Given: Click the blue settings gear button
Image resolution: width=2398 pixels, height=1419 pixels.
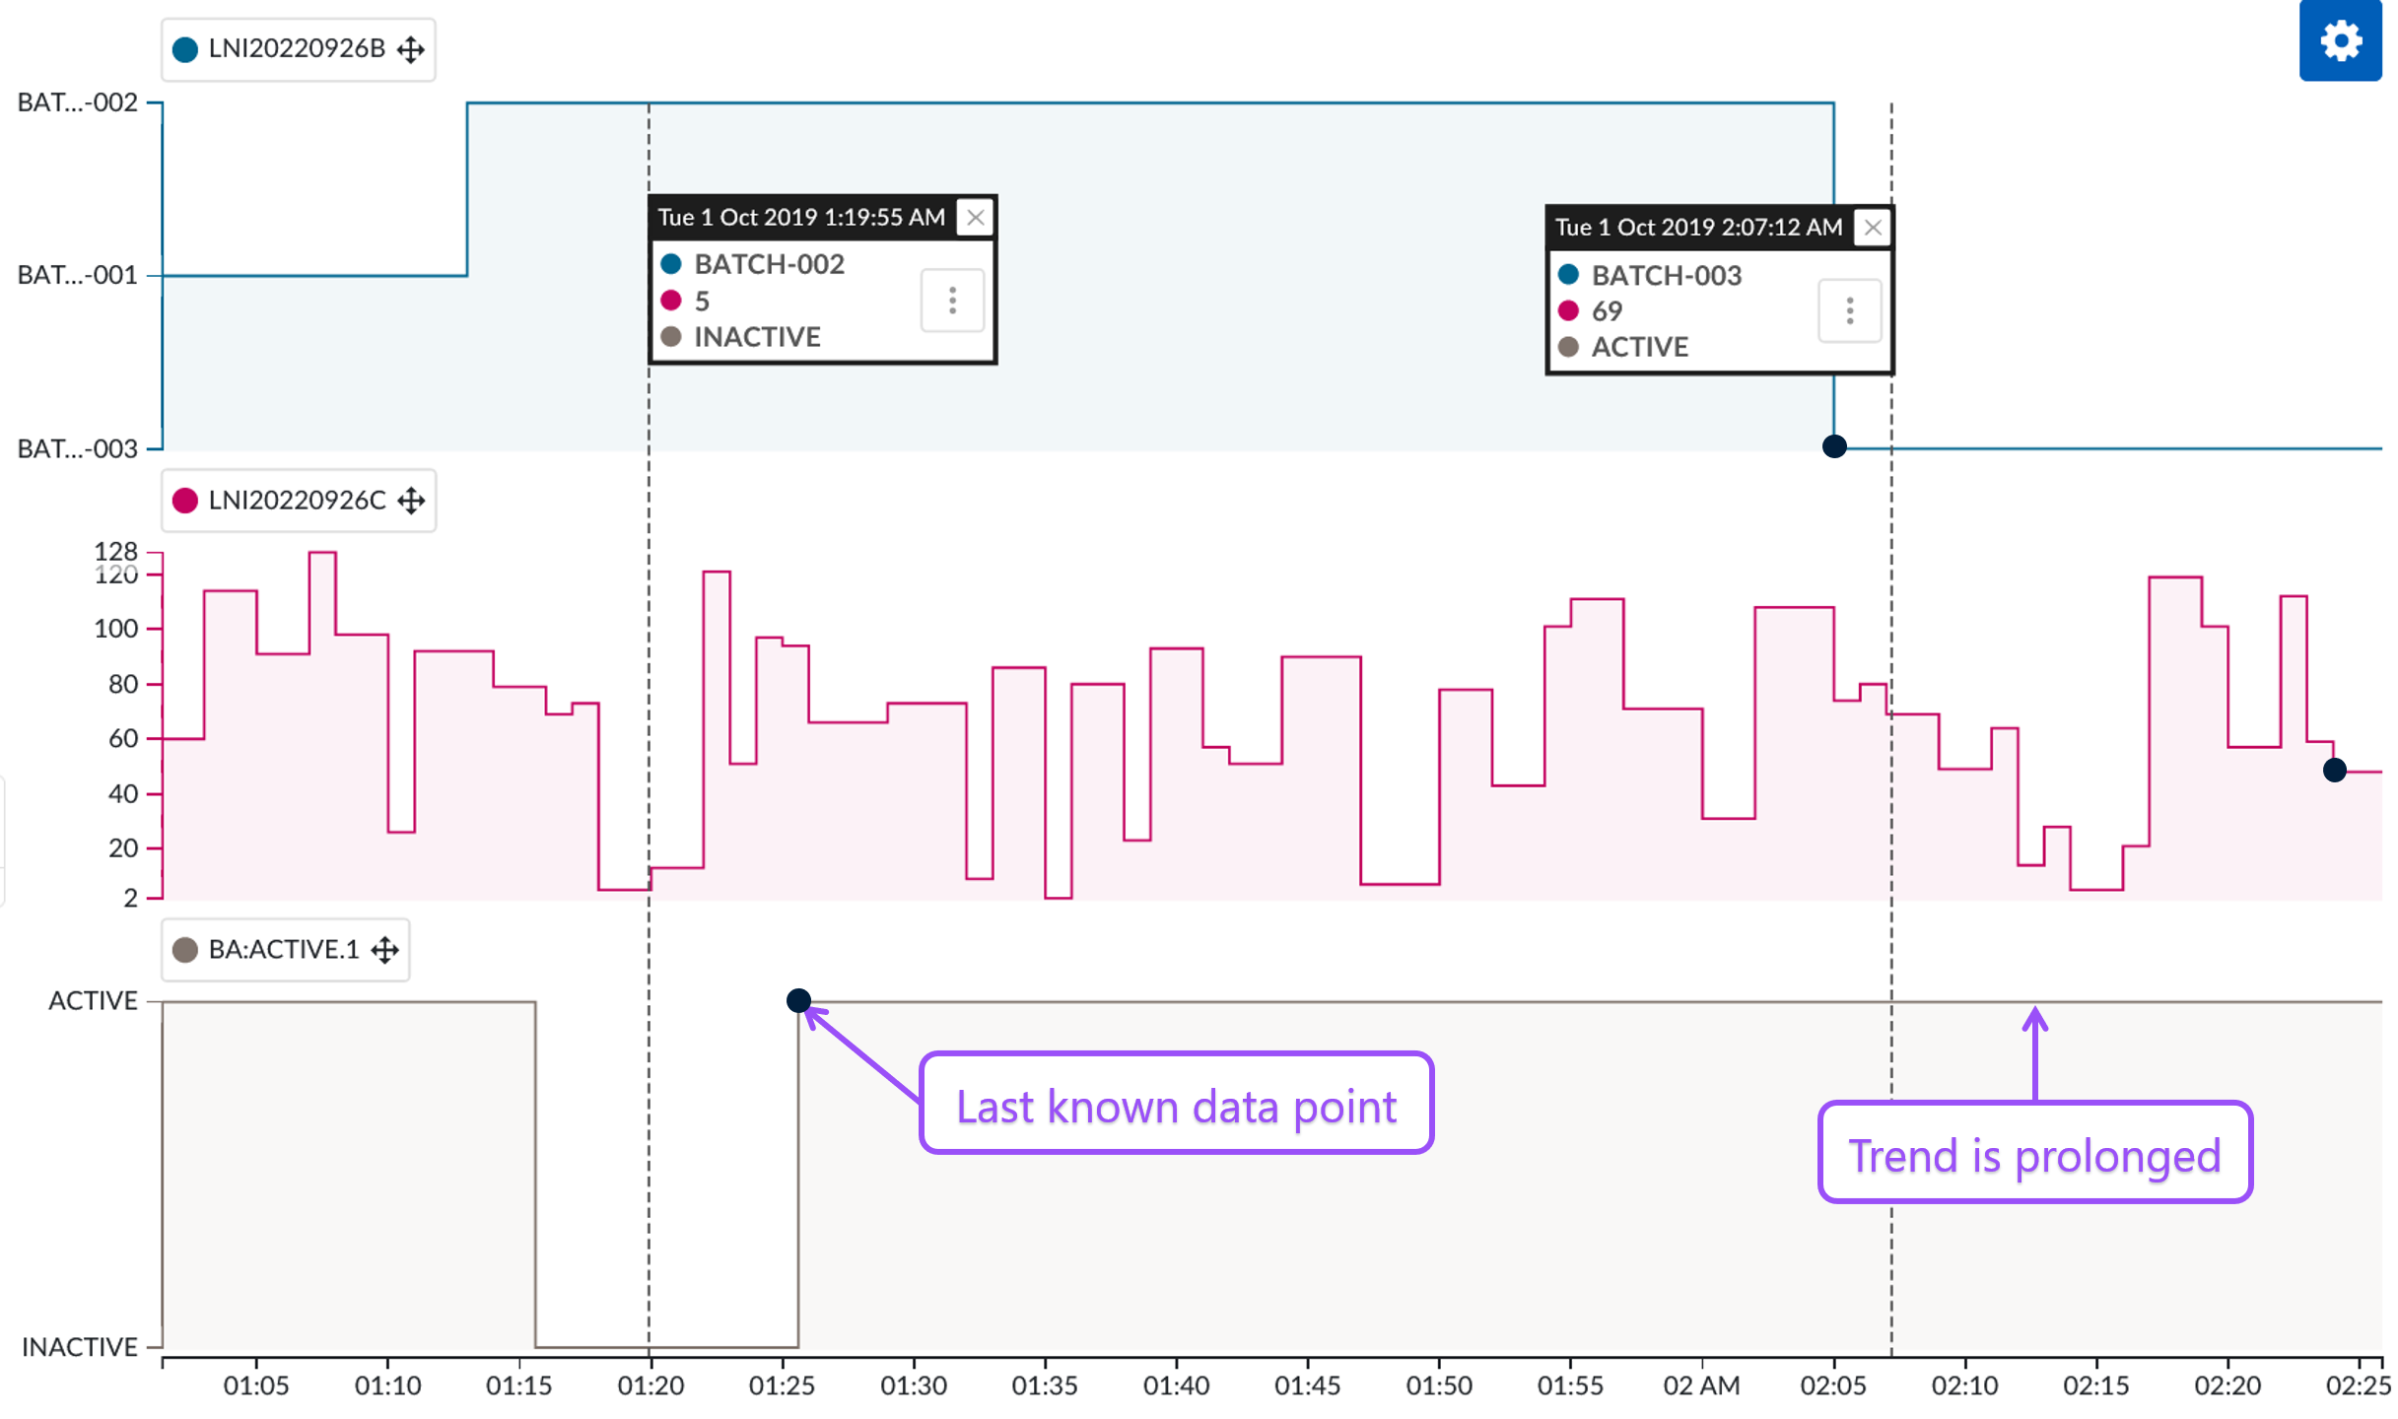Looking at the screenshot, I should pos(2339,41).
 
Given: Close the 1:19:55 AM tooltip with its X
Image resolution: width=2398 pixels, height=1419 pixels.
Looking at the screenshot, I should pos(975,218).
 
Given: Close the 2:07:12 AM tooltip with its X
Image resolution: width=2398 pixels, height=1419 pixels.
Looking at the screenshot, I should pos(1872,228).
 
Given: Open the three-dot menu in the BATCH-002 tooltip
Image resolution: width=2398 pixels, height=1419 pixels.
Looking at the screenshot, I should pos(952,301).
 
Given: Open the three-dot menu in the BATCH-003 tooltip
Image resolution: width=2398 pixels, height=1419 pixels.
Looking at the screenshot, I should pos(1849,311).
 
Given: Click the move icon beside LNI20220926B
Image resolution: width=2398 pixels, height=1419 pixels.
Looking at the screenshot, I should pos(411,49).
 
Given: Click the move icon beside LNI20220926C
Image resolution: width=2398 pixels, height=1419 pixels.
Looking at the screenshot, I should pos(411,501).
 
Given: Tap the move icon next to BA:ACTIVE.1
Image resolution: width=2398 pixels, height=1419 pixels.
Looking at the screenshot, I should pos(385,950).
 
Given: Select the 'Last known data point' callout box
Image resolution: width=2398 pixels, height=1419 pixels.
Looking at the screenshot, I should pos(1175,1104).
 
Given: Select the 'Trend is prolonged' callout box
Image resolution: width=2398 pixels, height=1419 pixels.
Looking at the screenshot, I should pos(2034,1153).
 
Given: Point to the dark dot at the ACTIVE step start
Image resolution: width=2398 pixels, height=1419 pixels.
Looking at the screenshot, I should pos(798,1001).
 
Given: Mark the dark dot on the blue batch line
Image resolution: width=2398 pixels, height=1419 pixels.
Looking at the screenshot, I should pos(1833,446).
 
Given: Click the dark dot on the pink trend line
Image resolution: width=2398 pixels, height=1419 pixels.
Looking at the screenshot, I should pos(2334,771).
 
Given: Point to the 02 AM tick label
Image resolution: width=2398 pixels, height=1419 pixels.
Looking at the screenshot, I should pos(1701,1385).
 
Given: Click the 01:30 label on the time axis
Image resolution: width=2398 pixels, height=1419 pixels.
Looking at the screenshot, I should pos(913,1385).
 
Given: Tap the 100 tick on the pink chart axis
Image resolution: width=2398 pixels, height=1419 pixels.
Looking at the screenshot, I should pos(115,629).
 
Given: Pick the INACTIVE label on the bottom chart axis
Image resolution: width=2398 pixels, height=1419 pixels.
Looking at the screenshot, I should pos(80,1347).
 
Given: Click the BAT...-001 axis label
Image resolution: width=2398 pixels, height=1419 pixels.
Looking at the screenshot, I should pos(78,275).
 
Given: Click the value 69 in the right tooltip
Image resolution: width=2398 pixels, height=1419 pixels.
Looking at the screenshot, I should pos(1607,311).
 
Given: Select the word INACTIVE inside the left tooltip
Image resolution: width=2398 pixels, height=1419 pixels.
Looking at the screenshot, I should pos(757,337).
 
